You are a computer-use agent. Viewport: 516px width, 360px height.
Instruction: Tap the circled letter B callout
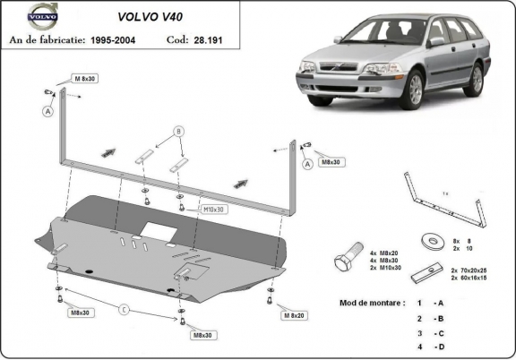[179, 132]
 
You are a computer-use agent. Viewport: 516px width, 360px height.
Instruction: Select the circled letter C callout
[125, 311]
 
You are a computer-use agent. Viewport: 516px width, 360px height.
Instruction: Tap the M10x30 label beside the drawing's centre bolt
[212, 210]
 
